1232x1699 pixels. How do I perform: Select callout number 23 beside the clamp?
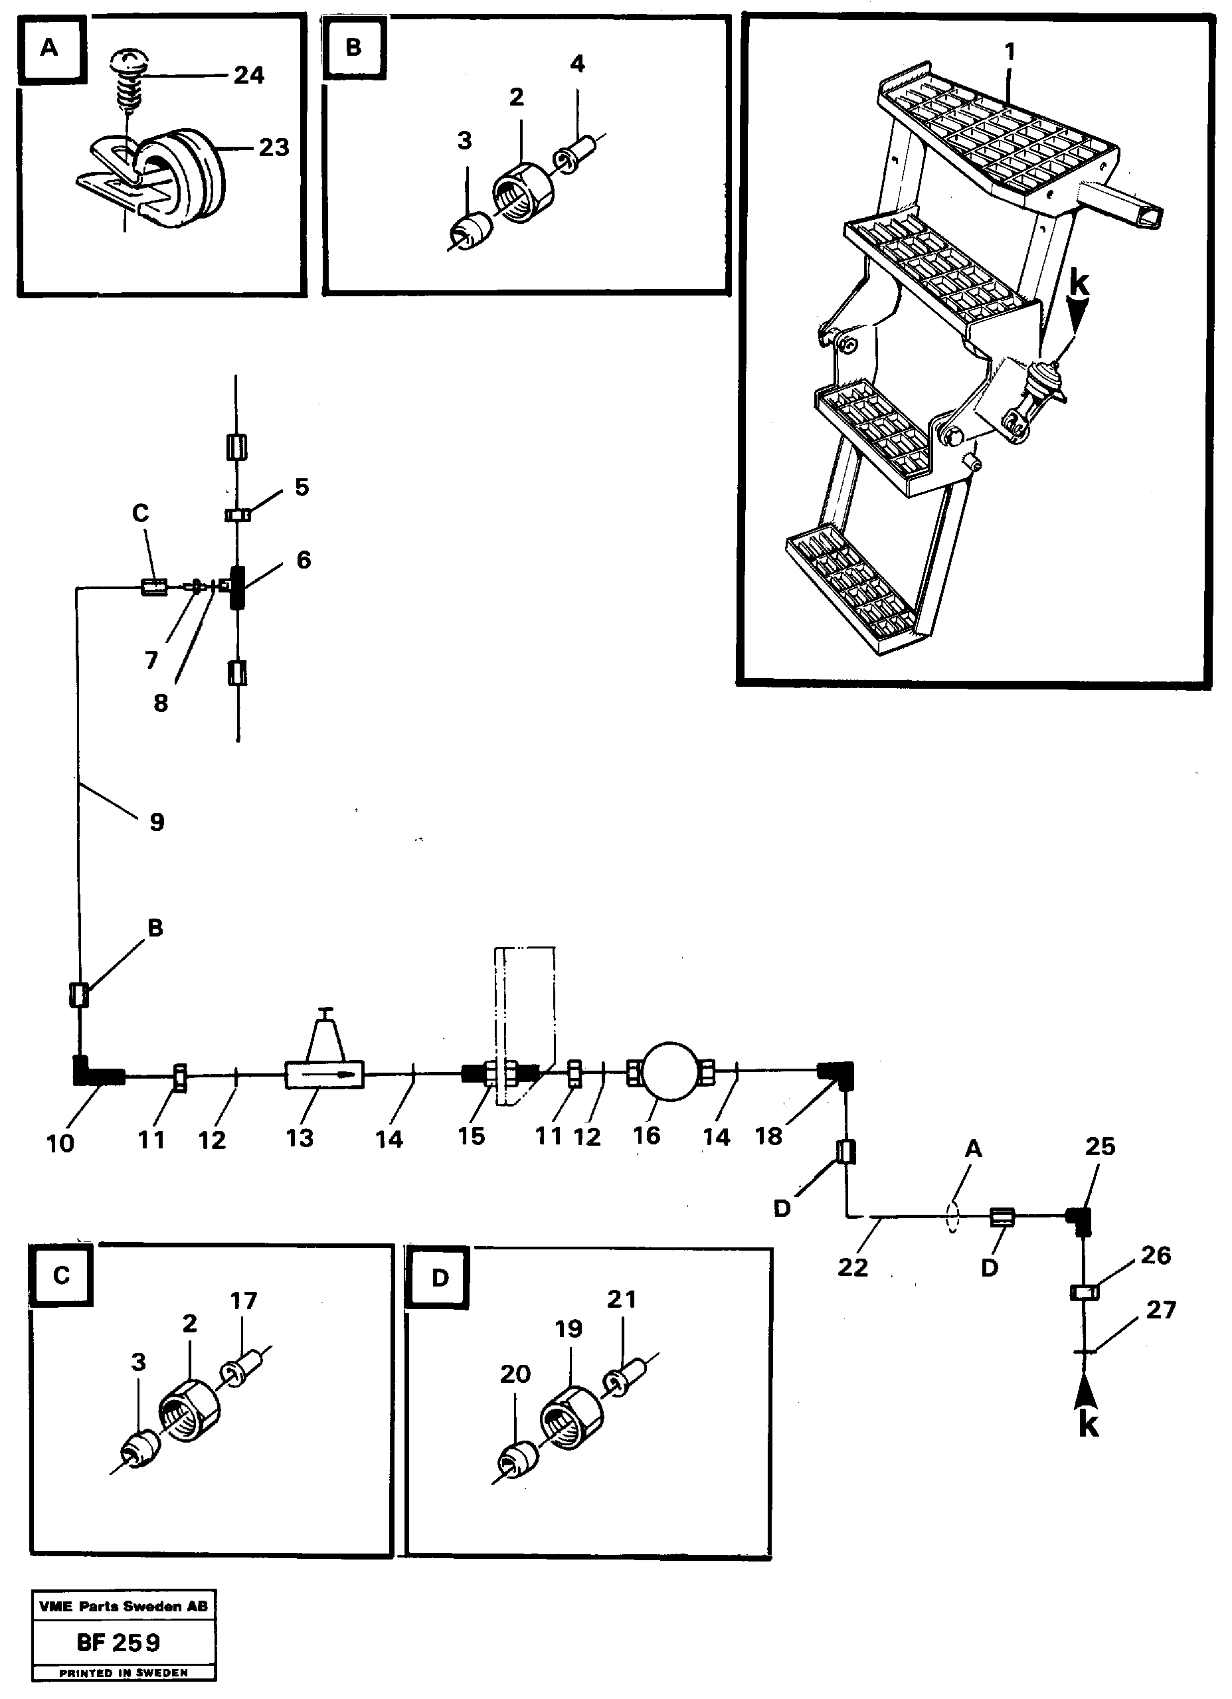point(274,147)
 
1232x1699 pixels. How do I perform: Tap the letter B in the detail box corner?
point(353,47)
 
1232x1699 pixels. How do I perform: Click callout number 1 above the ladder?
point(1010,52)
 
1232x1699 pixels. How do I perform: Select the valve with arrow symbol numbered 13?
point(323,1074)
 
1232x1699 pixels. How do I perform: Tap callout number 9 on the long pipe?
point(157,822)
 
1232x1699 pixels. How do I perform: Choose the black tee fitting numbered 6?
point(236,587)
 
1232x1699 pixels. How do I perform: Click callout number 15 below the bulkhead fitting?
point(471,1136)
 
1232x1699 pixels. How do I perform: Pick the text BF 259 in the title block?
point(119,1642)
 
